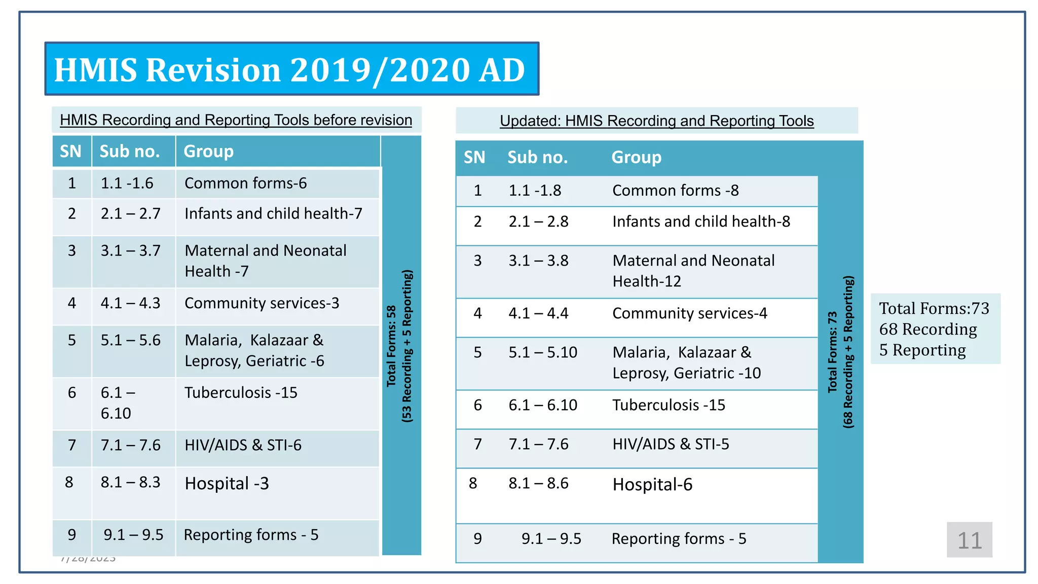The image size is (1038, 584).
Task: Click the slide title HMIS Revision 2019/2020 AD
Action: click(x=290, y=69)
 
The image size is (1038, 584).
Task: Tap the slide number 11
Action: click(x=969, y=540)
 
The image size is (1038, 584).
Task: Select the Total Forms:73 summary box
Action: click(x=935, y=329)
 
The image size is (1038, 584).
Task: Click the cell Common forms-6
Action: click(x=246, y=184)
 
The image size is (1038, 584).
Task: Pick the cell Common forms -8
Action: click(x=675, y=191)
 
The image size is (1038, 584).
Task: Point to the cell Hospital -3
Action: click(x=227, y=484)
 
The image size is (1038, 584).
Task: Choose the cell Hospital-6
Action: click(x=652, y=485)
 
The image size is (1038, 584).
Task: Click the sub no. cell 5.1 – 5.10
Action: click(x=543, y=352)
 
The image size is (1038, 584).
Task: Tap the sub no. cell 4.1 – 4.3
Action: click(x=130, y=303)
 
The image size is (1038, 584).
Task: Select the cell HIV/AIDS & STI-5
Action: click(x=671, y=444)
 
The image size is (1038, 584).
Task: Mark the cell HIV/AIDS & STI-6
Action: click(x=243, y=445)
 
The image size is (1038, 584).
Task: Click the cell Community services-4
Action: click(x=689, y=313)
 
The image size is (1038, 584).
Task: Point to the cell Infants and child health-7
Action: click(x=273, y=214)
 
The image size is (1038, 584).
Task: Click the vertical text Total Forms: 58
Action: click(x=391, y=346)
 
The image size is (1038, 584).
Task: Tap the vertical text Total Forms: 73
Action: click(x=832, y=352)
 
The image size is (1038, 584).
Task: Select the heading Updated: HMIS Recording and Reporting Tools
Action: click(x=656, y=121)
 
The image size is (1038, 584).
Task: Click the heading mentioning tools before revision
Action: click(x=236, y=120)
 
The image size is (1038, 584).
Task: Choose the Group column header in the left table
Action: click(x=208, y=152)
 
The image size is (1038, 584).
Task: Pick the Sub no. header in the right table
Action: click(x=537, y=158)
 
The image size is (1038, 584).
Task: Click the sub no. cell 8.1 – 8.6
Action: click(x=538, y=484)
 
